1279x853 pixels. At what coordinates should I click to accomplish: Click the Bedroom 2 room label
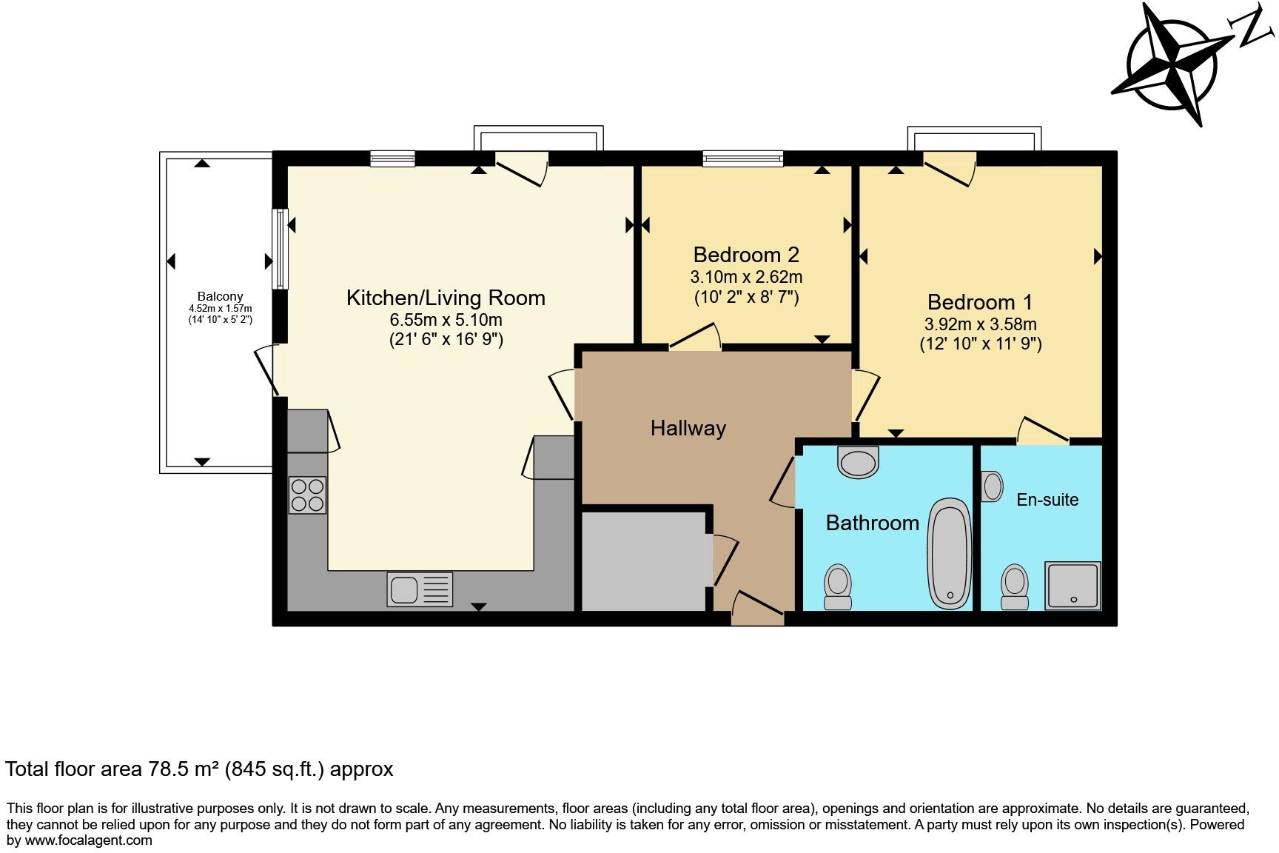pos(746,255)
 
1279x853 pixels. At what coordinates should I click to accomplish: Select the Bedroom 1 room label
pos(979,302)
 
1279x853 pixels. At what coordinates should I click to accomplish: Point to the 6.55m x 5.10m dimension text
pos(446,320)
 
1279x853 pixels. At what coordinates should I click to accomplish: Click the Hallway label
pos(688,428)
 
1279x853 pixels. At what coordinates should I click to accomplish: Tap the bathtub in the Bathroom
pos(950,552)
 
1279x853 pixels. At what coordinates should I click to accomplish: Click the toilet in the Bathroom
pos(838,586)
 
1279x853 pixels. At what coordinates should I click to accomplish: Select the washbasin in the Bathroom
pos(858,462)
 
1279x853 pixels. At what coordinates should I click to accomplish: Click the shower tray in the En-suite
pos(1072,585)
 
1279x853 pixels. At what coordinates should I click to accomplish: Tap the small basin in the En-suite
pos(992,486)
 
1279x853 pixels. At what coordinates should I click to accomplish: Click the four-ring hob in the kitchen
pos(307,495)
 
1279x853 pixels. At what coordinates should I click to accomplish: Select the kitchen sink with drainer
pos(419,590)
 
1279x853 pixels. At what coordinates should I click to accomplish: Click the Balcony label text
pos(220,296)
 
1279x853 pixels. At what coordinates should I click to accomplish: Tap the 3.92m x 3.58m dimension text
pos(980,324)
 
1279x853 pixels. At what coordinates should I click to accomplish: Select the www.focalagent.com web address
pos(89,840)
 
